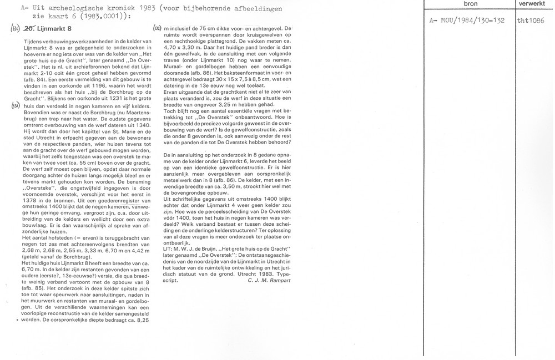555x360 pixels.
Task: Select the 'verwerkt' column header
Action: click(532, 3)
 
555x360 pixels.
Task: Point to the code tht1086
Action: click(530, 21)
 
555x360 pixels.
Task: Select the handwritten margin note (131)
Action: click(17, 105)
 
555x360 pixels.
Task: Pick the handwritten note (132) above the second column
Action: click(157, 28)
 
